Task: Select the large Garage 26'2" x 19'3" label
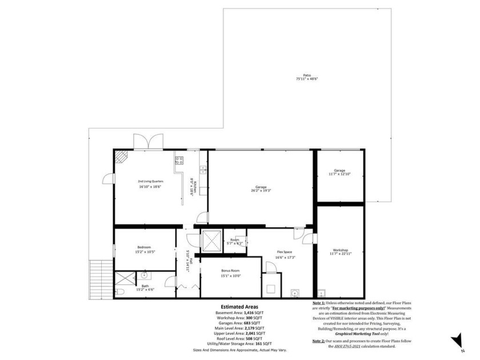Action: (259, 189)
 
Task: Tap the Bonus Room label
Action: (231, 272)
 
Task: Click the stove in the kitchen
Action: (179, 161)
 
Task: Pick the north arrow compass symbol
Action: (458, 341)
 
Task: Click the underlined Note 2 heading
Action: (319, 340)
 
